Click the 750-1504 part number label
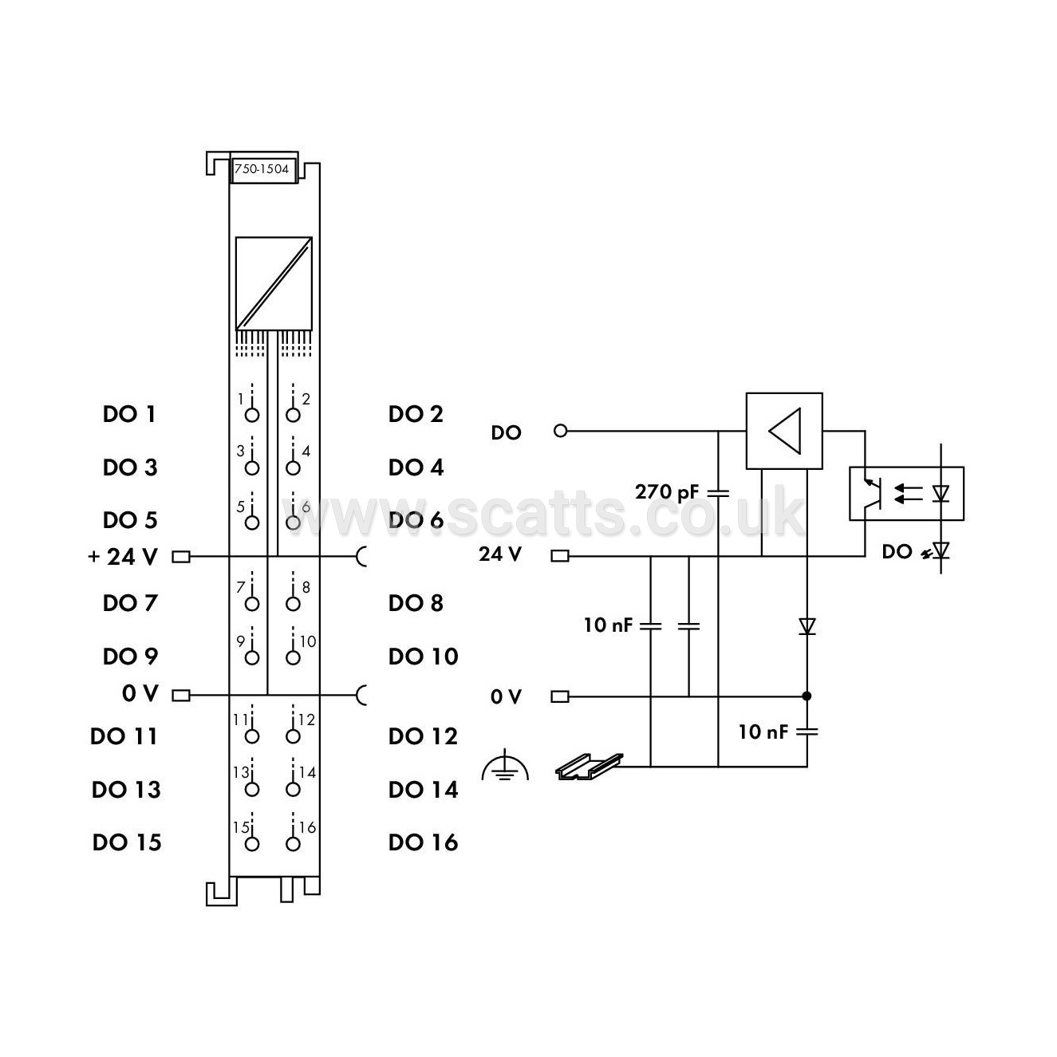pos(261,168)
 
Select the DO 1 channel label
pos(129,414)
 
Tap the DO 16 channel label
pos(423,842)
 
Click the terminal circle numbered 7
pos(252,604)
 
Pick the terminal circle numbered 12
pos(293,736)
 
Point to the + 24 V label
pos(123,557)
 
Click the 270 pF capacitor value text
pos(666,492)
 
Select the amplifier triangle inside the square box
pos(785,431)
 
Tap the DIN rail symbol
pos(590,767)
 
